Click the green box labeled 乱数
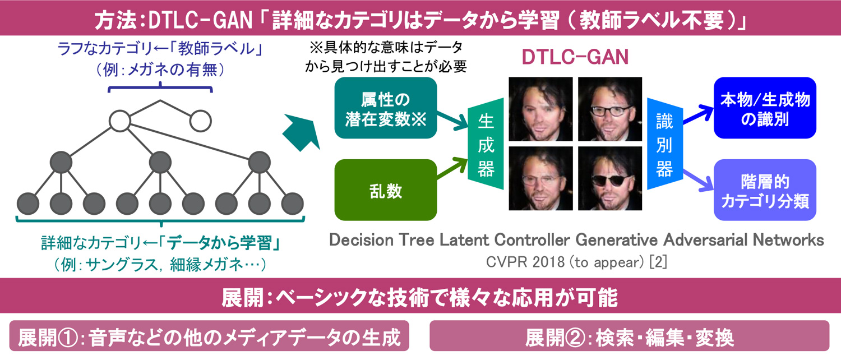pyautogui.click(x=386, y=190)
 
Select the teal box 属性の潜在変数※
pyautogui.click(x=386, y=108)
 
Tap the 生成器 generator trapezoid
pyautogui.click(x=486, y=144)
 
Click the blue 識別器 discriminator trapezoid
pyautogui.click(x=665, y=144)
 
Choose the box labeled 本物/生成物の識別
pyautogui.click(x=765, y=108)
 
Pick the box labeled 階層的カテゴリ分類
pyautogui.click(x=765, y=190)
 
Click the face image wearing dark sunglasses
pyautogui.click(x=610, y=178)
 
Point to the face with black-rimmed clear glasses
pyautogui.click(x=610, y=109)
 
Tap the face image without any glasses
pyautogui.click(x=540, y=109)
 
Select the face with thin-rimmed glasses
pyautogui.click(x=540, y=178)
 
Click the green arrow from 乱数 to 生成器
pyautogui.click(x=452, y=168)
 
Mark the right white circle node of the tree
pyautogui.click(x=201, y=121)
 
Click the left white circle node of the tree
pyautogui.click(x=120, y=121)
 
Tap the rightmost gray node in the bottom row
pyautogui.click(x=293, y=204)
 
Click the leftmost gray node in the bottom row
pyautogui.click(x=28, y=204)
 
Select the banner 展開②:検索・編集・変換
pyautogui.click(x=629, y=336)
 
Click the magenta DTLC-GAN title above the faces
pyautogui.click(x=575, y=57)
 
